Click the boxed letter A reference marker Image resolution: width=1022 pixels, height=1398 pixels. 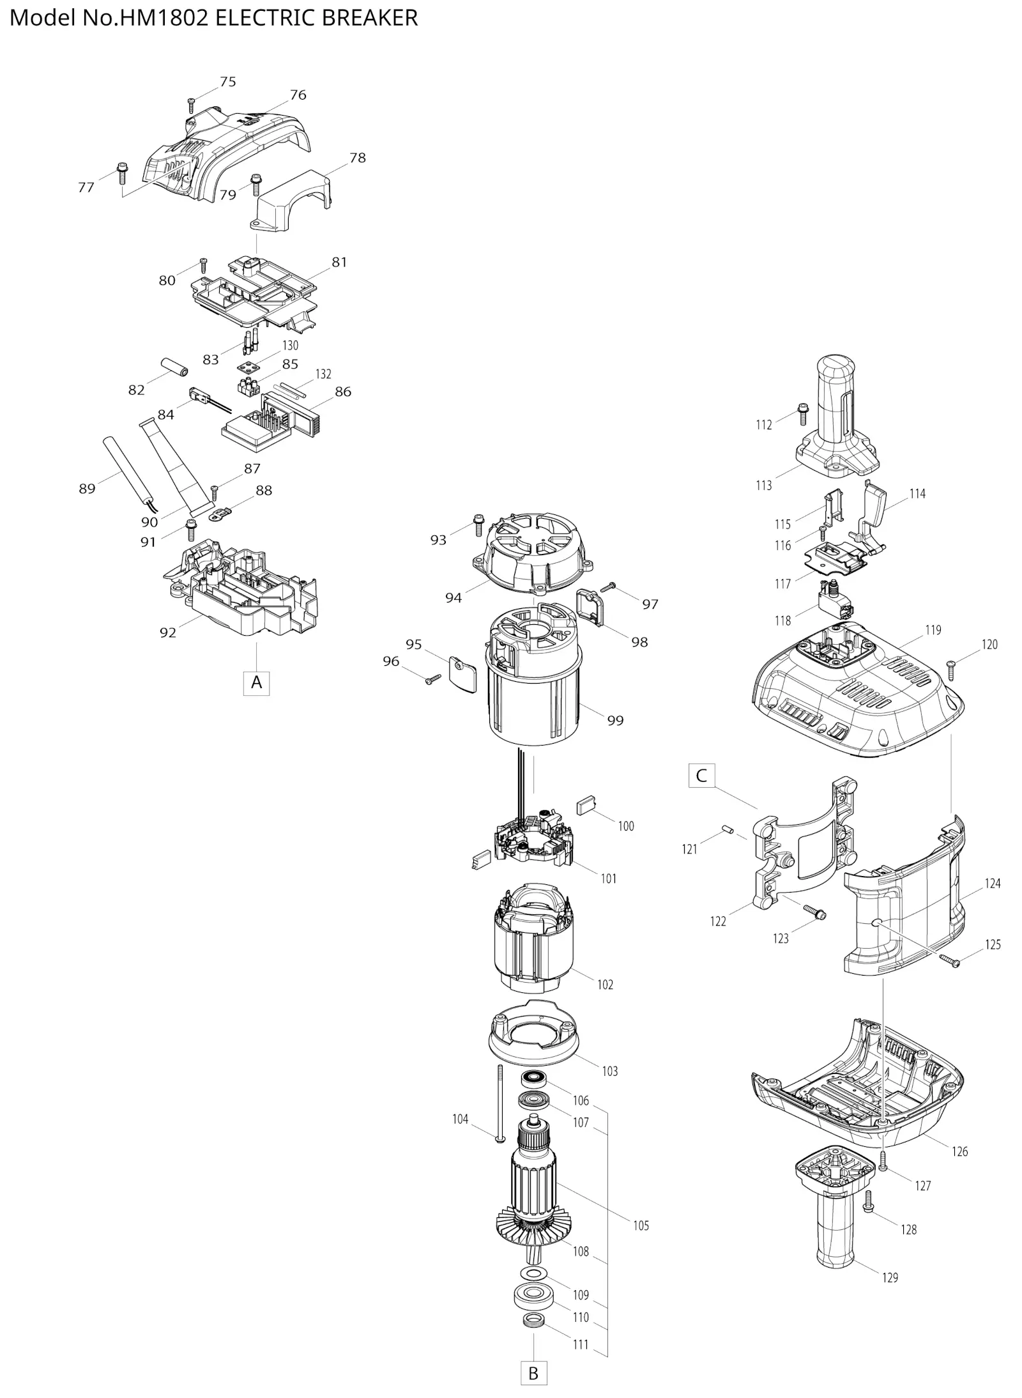pyautogui.click(x=256, y=682)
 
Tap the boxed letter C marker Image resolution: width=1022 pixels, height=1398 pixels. pyautogui.click(x=701, y=776)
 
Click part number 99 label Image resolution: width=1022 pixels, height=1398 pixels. pyautogui.click(x=615, y=720)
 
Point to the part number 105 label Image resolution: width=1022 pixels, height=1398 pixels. pyautogui.click(x=641, y=1225)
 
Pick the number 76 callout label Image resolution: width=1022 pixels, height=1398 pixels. pyautogui.click(x=298, y=95)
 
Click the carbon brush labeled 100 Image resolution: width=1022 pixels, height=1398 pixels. pyautogui.click(x=587, y=805)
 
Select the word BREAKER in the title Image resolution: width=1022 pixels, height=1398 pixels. pyautogui.click(x=370, y=18)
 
